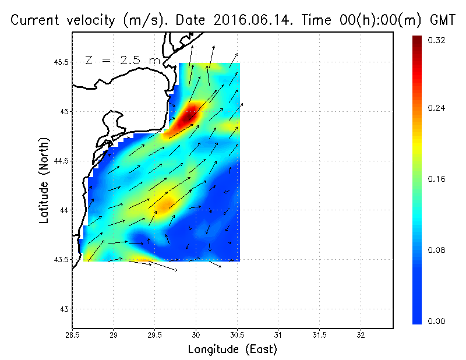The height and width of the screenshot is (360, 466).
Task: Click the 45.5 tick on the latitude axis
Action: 59,62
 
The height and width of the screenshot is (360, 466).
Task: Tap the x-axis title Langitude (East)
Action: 232,349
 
